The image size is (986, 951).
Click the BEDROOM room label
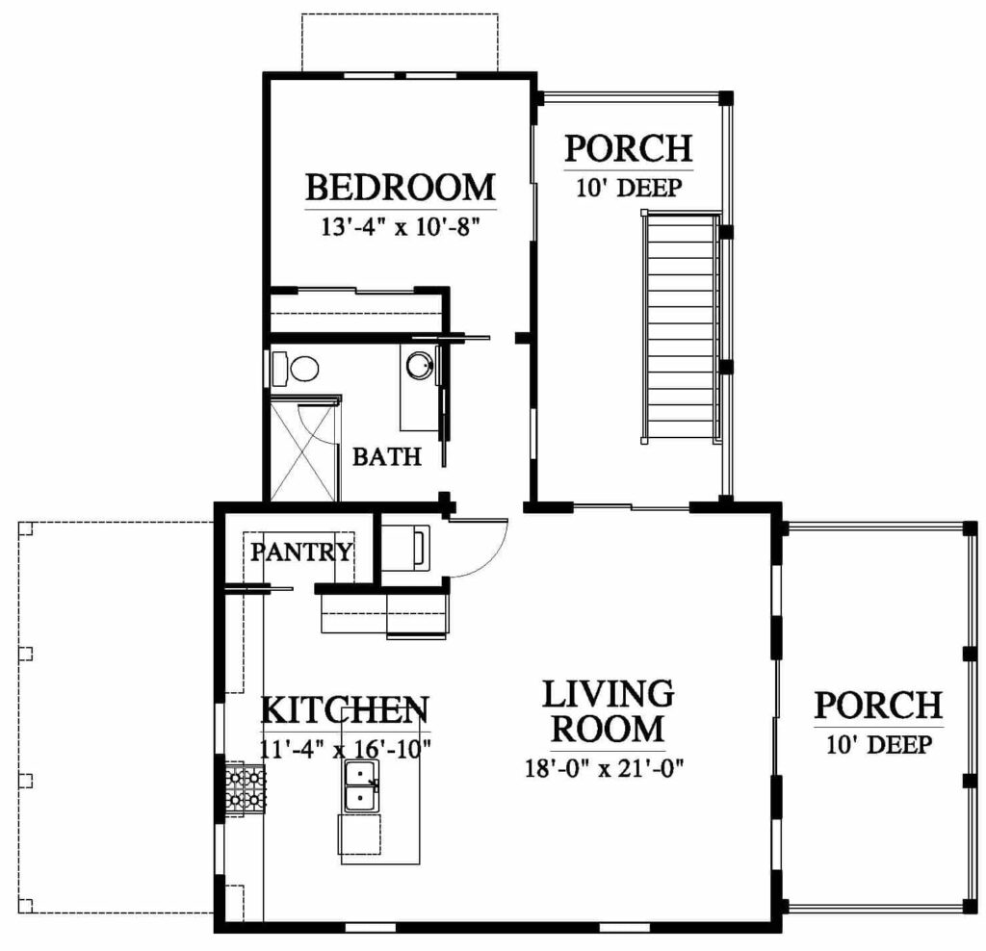[x=401, y=188]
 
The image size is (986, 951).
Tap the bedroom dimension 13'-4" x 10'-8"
[x=401, y=225]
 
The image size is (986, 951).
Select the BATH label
[x=387, y=456]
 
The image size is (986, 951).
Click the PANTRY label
[x=301, y=552]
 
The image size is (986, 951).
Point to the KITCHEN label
[x=345, y=709]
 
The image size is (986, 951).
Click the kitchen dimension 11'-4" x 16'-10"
[x=346, y=749]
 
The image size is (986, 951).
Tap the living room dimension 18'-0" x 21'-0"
[x=605, y=767]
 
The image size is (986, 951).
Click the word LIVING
[x=609, y=694]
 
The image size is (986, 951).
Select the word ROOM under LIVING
[x=609, y=729]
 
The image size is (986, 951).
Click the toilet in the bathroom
[x=296, y=369]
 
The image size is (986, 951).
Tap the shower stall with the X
[x=304, y=449]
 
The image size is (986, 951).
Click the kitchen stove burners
[x=246, y=789]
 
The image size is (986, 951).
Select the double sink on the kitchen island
[x=361, y=785]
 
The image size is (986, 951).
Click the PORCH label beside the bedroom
[x=628, y=148]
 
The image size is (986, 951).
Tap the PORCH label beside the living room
[x=878, y=706]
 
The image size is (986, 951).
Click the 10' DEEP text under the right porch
[x=878, y=745]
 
